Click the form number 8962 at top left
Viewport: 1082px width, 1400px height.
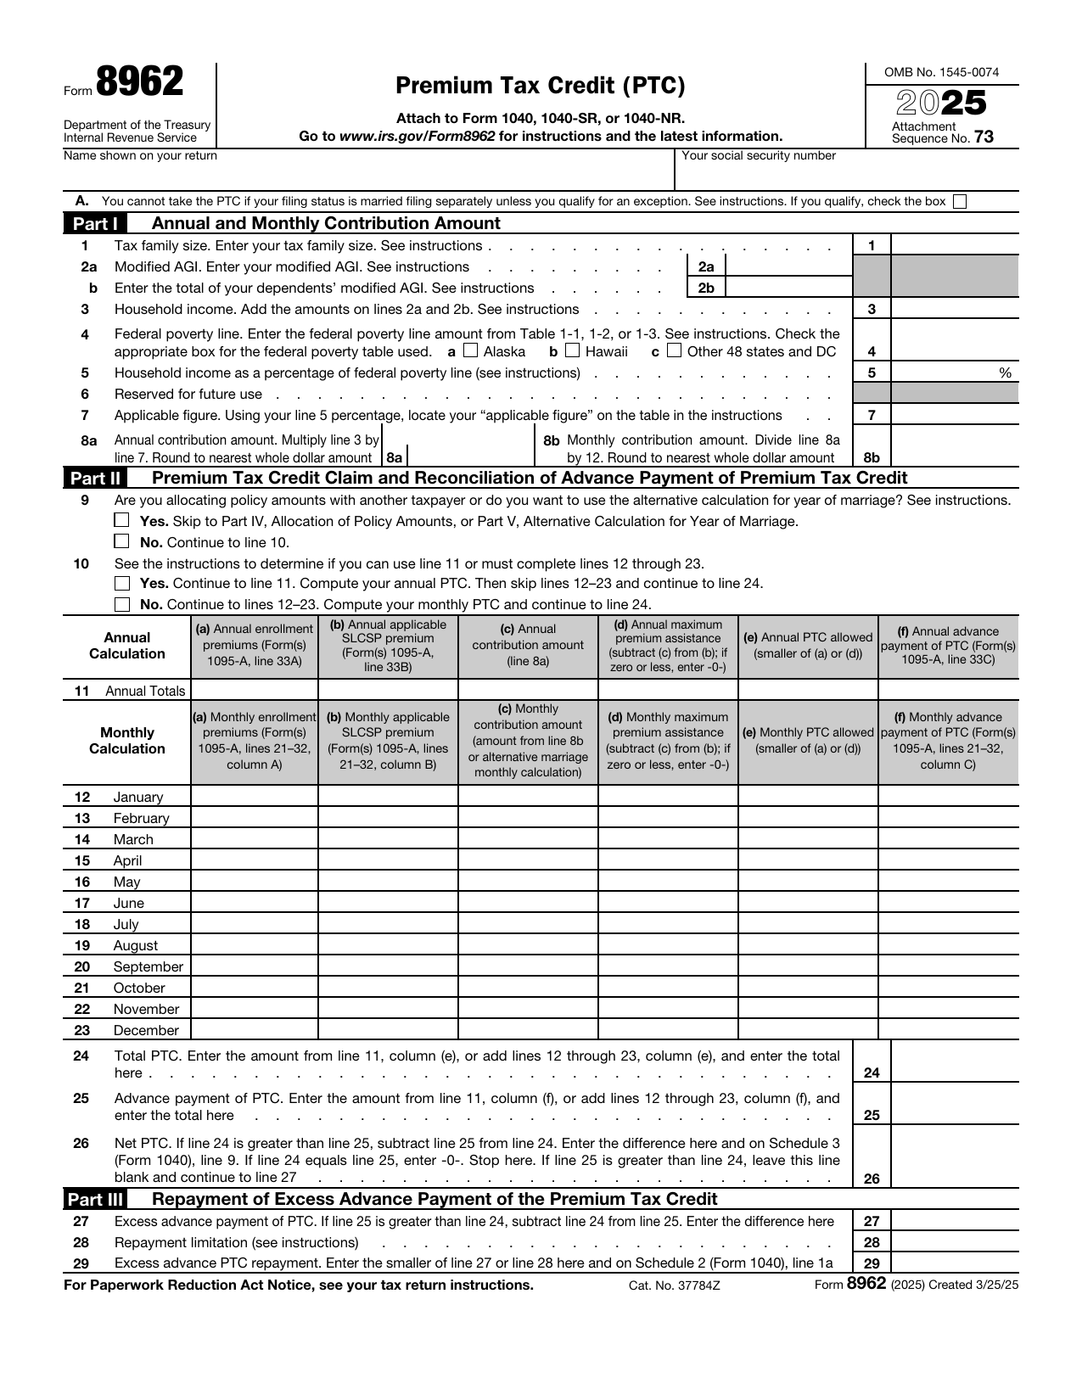click(139, 83)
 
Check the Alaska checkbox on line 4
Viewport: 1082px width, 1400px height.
click(471, 350)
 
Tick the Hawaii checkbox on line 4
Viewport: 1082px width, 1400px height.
click(573, 350)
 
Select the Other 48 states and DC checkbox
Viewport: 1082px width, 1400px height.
click(674, 350)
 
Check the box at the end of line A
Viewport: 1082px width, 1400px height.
click(960, 202)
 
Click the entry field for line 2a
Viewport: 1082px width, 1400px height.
click(788, 266)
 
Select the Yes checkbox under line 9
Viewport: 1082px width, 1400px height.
click(122, 520)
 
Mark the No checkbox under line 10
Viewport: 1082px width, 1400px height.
click(122, 604)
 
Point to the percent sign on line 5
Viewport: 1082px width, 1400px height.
click(1005, 372)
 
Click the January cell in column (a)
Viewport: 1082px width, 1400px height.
click(254, 796)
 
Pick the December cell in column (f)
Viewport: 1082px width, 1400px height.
click(948, 1029)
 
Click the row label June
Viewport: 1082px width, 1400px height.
click(129, 903)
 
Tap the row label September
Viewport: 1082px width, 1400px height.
click(148, 966)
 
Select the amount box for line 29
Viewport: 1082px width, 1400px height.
click(954, 1263)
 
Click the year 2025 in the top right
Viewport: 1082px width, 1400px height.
click(942, 104)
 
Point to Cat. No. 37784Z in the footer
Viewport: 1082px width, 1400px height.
click(674, 1285)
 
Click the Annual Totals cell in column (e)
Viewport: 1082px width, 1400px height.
click(807, 690)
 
